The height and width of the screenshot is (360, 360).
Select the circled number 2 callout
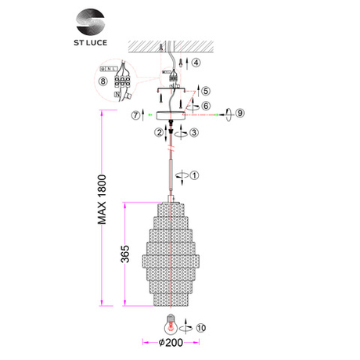160,133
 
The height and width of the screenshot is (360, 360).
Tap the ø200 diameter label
171,343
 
